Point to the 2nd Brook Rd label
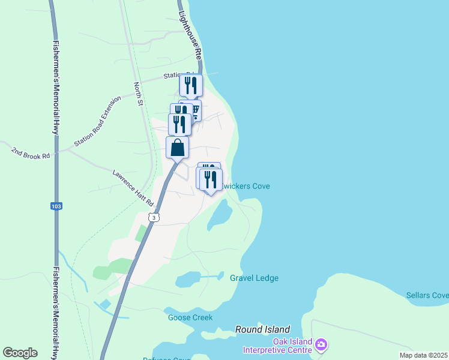click(x=30, y=151)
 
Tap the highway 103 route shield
click(x=56, y=206)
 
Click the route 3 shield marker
click(x=154, y=217)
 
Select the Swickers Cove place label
click(x=246, y=186)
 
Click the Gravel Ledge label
click(x=255, y=278)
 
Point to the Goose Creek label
click(x=190, y=317)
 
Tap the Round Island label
click(x=262, y=329)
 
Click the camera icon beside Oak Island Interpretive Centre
click(x=321, y=344)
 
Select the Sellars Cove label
click(x=427, y=295)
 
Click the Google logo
click(x=20, y=353)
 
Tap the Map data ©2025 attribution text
click(x=423, y=355)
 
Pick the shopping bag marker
click(x=178, y=147)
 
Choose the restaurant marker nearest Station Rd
click(x=191, y=85)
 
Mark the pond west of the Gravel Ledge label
click(x=188, y=279)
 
